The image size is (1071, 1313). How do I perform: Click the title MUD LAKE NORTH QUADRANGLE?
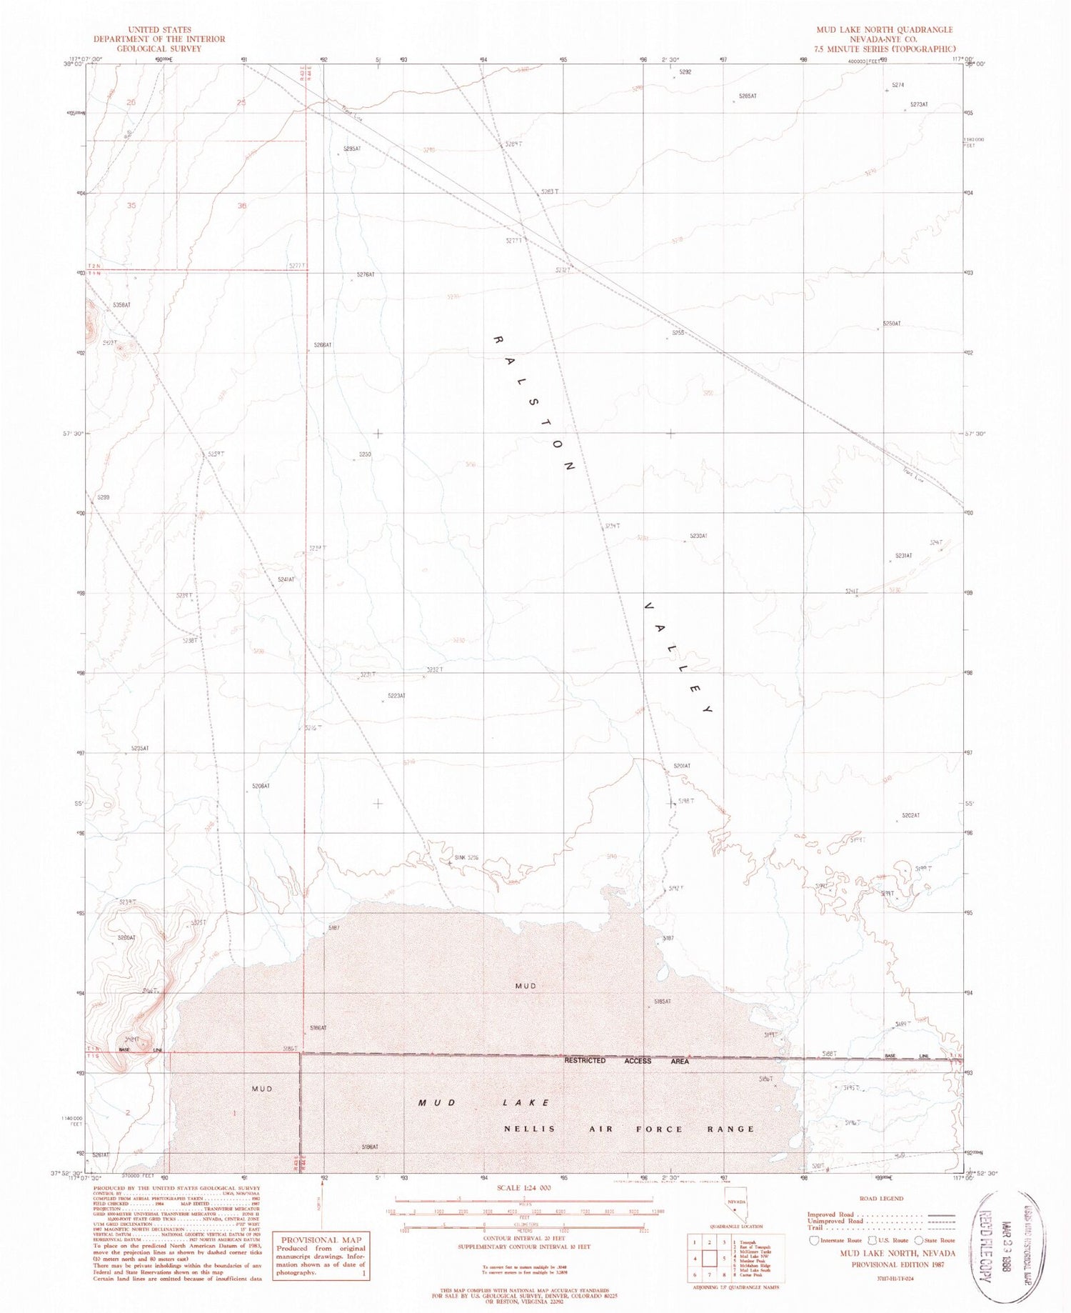885,29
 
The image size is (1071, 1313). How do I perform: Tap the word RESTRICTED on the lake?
585,1060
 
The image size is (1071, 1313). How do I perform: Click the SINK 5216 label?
466,857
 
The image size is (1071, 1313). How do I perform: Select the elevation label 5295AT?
352,149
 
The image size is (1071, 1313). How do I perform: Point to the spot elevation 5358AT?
121,305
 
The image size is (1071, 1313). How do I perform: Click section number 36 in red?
242,206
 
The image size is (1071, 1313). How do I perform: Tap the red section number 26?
131,102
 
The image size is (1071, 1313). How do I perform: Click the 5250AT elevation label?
892,324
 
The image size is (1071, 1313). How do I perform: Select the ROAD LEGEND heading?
883,1198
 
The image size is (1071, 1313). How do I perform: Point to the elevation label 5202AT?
910,815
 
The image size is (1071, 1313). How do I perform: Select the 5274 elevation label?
898,85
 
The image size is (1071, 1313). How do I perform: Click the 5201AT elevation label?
682,766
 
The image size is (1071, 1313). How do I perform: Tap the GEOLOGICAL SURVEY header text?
159,49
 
